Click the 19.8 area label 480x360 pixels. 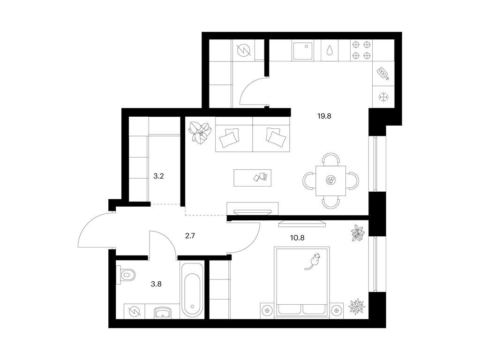[324, 116]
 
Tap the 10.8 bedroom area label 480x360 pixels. [297, 238]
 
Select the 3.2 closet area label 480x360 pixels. [158, 176]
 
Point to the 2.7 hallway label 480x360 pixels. [190, 236]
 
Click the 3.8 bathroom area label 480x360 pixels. [156, 284]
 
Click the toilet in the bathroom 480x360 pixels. [127, 275]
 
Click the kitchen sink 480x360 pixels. [303, 51]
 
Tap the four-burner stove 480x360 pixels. [361, 50]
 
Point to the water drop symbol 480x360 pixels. [330, 50]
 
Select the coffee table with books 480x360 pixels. [253, 178]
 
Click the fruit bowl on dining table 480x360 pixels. [330, 180]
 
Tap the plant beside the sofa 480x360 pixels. [200, 133]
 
